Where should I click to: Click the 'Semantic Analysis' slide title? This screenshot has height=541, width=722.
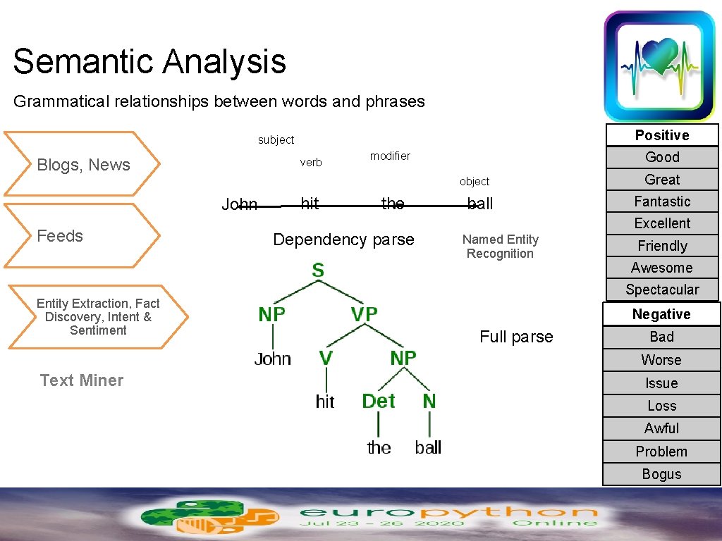pos(149,61)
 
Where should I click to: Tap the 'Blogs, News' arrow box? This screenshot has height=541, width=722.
pos(83,165)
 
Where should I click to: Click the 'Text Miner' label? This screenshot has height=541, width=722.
pos(82,380)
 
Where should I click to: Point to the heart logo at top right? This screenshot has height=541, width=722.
pos(660,65)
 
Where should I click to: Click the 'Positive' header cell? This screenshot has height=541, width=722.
pos(661,135)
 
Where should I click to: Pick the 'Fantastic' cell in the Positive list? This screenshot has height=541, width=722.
pos(661,201)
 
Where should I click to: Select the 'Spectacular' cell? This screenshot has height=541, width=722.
pos(661,290)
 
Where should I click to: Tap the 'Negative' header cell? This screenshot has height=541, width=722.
pos(661,314)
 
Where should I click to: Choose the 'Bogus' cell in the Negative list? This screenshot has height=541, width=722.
pos(661,474)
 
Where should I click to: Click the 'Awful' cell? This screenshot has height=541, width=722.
pos(661,428)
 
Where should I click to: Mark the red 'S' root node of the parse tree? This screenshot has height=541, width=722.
pos(319,270)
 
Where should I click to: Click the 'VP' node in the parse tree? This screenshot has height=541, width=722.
pos(364,314)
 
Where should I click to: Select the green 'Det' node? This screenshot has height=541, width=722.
pos(379,402)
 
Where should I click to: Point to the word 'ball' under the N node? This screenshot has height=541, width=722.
pos(428,447)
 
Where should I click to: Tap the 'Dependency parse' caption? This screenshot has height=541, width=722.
pos(343,240)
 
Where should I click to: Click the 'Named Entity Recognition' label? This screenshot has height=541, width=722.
pos(500,247)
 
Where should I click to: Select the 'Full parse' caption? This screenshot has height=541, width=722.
pos(516,337)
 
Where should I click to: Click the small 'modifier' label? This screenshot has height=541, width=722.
pos(390,156)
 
